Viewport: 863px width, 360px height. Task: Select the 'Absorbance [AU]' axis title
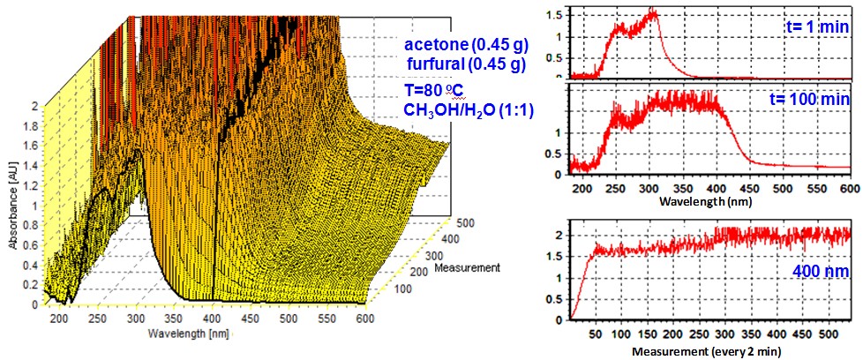click(11, 205)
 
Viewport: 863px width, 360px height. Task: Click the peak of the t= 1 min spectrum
click(654, 11)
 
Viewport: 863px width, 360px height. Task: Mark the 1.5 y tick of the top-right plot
click(554, 14)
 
